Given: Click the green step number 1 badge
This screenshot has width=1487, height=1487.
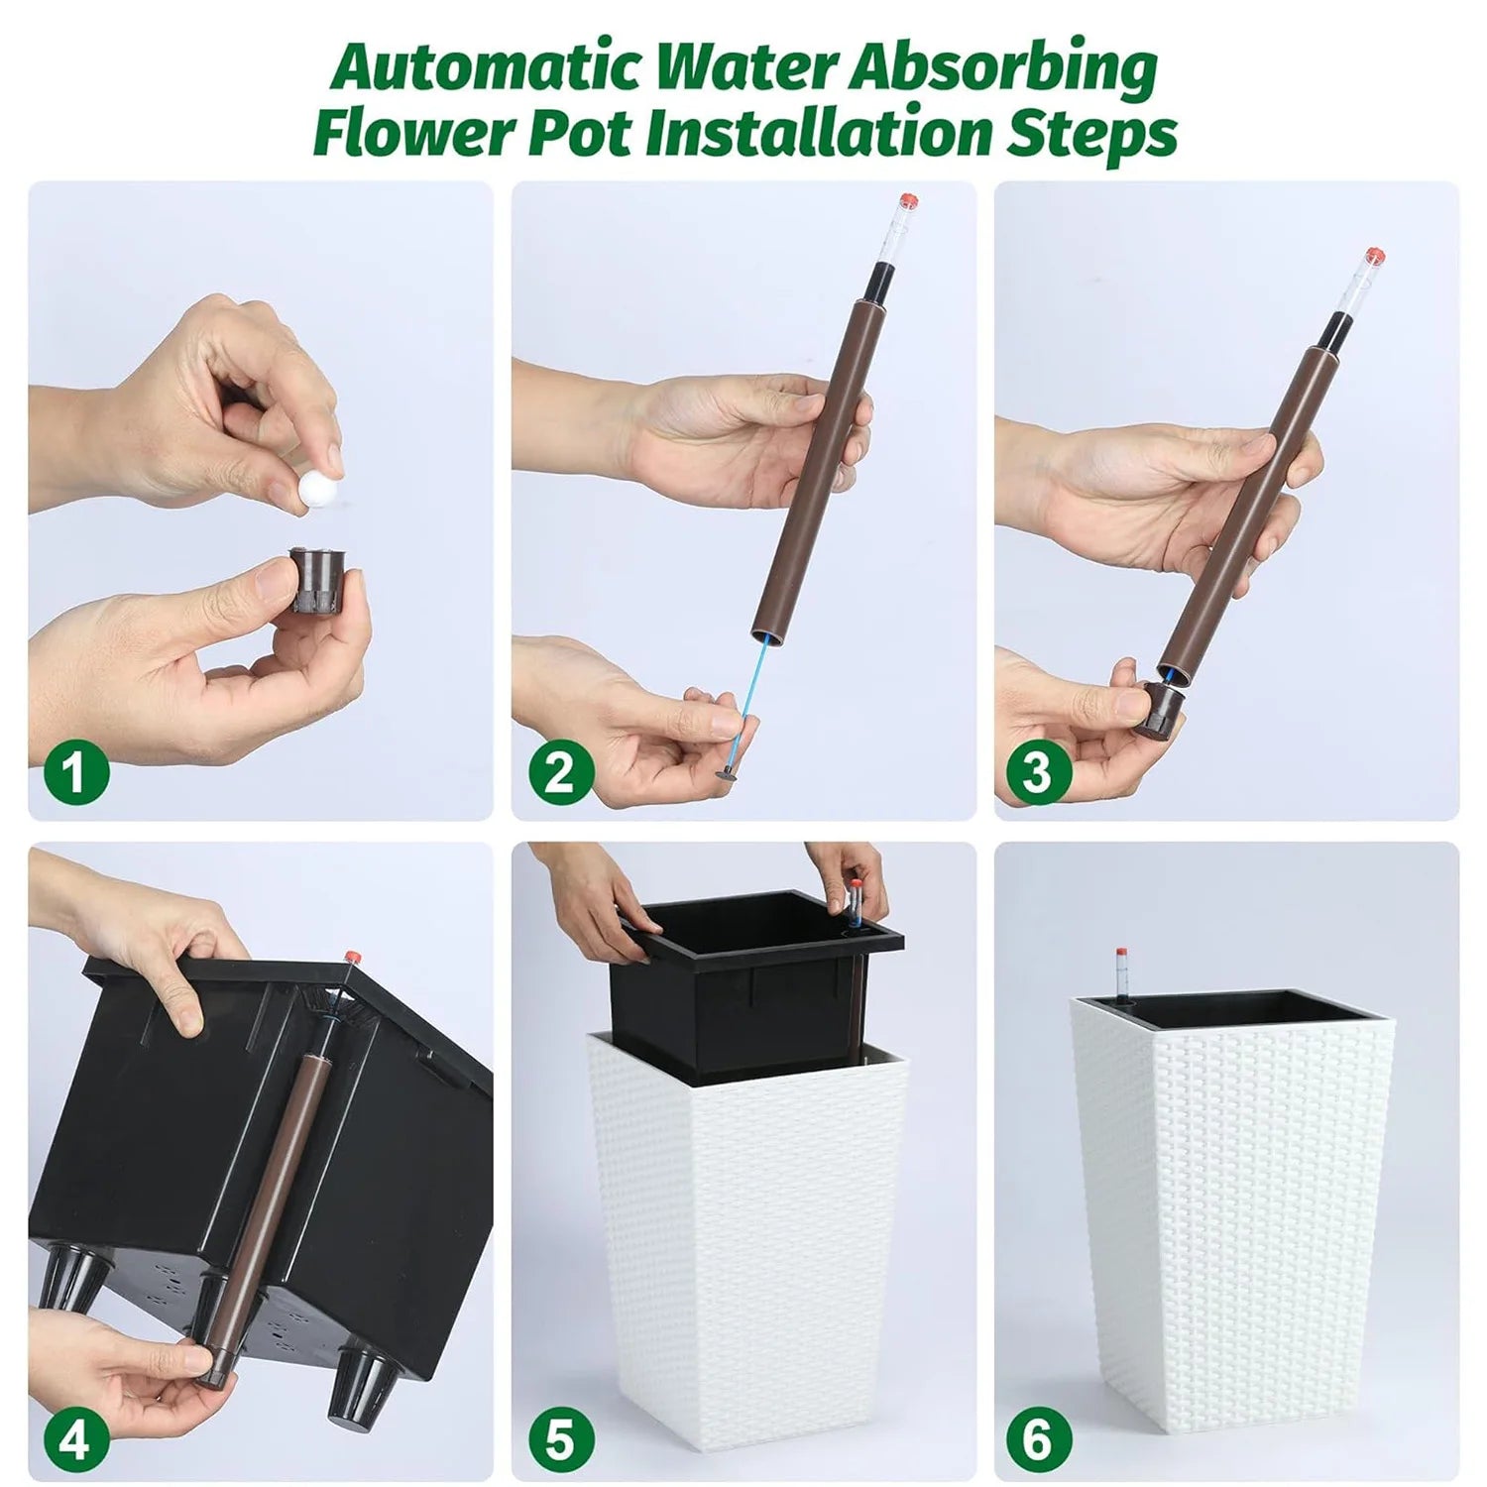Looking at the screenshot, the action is [75, 769].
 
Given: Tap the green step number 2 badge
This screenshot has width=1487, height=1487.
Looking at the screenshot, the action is [561, 769].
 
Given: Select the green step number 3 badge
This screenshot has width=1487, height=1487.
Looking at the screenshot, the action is [1039, 769].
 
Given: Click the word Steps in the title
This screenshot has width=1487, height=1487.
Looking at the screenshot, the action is [1091, 137].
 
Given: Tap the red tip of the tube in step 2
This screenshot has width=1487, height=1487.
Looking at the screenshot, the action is [908, 202].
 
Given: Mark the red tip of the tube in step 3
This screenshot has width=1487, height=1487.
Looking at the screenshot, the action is [1374, 257].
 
